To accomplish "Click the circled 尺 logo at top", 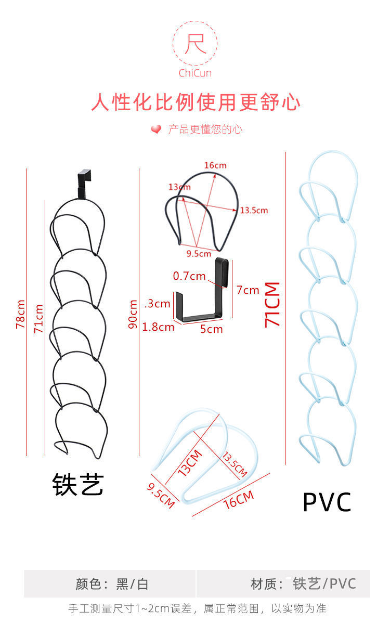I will pyautogui.click(x=195, y=44).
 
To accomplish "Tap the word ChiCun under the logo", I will pyautogui.click(x=195, y=73).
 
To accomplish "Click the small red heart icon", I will pyautogui.click(x=156, y=129).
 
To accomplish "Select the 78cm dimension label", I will pyautogui.click(x=20, y=314).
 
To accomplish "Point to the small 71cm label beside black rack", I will pyautogui.click(x=38, y=318).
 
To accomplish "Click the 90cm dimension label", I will pyautogui.click(x=133, y=314).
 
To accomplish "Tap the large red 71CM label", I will pyautogui.click(x=272, y=305).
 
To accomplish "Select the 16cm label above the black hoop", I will pyautogui.click(x=215, y=165).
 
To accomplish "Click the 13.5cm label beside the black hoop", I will pyautogui.click(x=253, y=210).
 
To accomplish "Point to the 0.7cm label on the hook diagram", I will pyautogui.click(x=189, y=276).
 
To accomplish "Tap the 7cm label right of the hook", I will pyautogui.click(x=248, y=290).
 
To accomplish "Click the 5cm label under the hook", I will pyautogui.click(x=211, y=329).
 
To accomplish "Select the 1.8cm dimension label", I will pyautogui.click(x=158, y=327).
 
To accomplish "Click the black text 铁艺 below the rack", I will pyautogui.click(x=78, y=484).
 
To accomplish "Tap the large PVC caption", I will pyautogui.click(x=327, y=502).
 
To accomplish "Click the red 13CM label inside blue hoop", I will pyautogui.click(x=189, y=462).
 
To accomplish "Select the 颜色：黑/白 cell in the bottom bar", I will pyautogui.click(x=111, y=584).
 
